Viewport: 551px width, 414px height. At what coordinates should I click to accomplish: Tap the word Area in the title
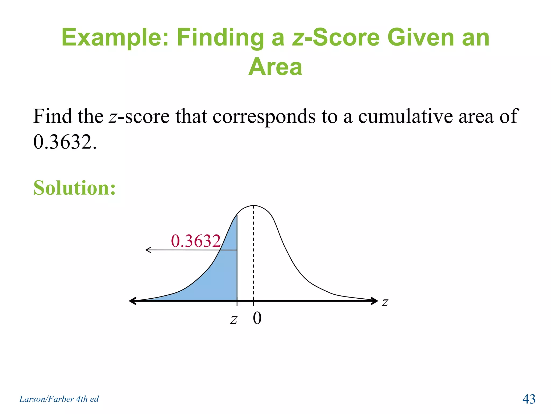[x=275, y=67]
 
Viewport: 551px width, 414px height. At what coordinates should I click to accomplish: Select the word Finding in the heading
[x=220, y=38]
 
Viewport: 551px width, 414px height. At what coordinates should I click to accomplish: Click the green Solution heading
[x=75, y=188]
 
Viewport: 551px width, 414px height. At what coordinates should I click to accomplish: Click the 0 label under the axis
[x=257, y=318]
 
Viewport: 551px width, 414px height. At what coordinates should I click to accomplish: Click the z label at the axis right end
[x=385, y=302]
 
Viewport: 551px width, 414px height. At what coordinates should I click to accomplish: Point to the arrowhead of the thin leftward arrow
[x=147, y=250]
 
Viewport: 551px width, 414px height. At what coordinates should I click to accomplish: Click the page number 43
[x=529, y=399]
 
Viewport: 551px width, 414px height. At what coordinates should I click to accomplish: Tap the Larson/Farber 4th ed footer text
[x=59, y=399]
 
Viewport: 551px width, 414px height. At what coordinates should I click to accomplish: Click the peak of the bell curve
[x=253, y=206]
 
